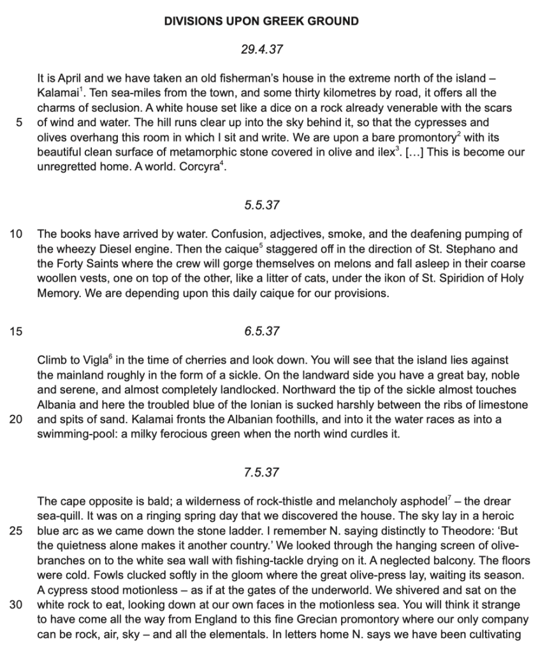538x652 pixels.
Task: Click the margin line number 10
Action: (17, 234)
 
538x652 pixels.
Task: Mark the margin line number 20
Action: (17, 420)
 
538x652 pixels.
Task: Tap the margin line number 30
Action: (17, 605)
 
